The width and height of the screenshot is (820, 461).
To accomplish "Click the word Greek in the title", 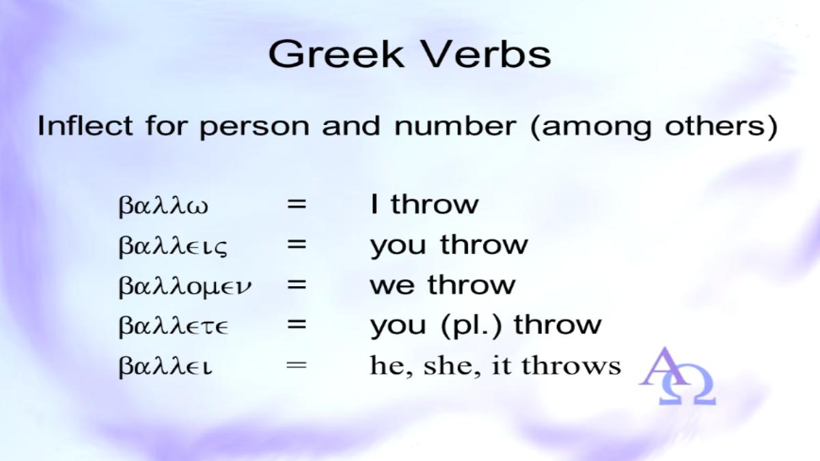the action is coord(336,54).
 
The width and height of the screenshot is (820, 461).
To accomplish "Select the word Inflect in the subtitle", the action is coord(85,126).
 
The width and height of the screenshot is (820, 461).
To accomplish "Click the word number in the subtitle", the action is coord(455,126).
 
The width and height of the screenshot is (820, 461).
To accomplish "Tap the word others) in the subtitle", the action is coord(721,126).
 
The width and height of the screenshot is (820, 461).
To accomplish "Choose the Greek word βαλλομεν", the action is coord(185,285).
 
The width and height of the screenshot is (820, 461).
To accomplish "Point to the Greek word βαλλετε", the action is coord(174,326).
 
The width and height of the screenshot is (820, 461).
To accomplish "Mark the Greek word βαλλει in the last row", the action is coord(165,366).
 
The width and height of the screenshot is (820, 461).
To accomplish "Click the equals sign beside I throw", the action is coord(297,204).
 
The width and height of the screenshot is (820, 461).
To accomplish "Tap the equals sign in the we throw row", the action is coord(297,285).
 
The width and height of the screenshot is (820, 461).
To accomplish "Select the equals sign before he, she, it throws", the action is coord(297,365).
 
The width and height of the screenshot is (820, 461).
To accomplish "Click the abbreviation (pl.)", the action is coord(471,325).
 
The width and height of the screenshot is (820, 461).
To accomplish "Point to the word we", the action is coord(392,285).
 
